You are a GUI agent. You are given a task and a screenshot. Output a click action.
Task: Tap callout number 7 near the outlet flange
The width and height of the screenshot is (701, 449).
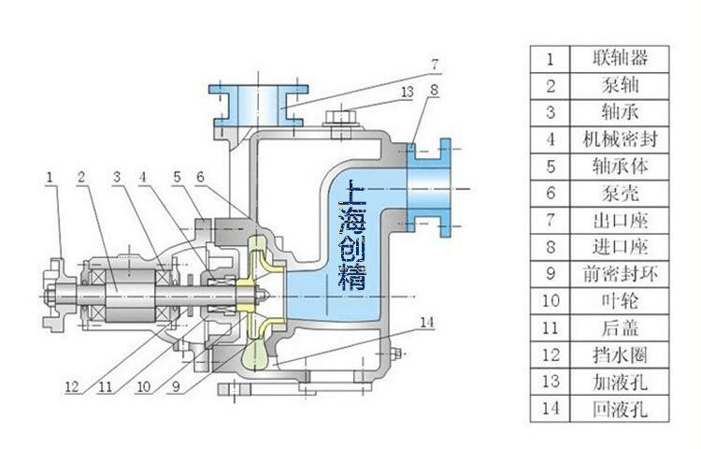(x=434, y=65)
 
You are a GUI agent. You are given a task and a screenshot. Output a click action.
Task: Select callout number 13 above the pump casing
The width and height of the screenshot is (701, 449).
(x=407, y=92)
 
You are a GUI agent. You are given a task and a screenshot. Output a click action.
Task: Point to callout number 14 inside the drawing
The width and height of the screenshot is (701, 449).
(x=426, y=323)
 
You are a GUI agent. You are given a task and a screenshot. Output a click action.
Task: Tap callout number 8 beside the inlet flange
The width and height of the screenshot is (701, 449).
(x=434, y=91)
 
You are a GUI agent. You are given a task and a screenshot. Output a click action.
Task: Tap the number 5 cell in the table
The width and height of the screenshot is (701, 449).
(x=551, y=167)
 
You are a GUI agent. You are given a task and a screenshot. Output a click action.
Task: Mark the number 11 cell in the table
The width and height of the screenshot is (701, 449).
(x=551, y=328)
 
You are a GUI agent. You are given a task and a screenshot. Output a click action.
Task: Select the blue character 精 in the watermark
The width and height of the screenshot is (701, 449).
(x=354, y=277)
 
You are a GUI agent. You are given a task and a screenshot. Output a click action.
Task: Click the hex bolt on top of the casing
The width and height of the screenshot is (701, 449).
(x=337, y=120)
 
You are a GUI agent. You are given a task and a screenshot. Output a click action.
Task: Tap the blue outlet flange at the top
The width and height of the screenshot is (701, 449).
(x=257, y=103)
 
